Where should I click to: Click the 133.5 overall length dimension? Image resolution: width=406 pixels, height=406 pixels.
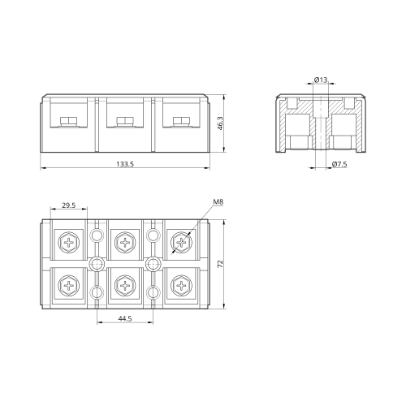[x=125, y=164]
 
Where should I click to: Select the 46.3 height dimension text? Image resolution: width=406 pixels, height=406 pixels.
[x=220, y=123]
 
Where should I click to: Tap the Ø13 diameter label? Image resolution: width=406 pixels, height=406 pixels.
[x=321, y=80]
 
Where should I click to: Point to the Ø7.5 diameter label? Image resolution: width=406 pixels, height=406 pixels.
[x=339, y=164]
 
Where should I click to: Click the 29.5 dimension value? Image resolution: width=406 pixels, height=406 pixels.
[x=69, y=205]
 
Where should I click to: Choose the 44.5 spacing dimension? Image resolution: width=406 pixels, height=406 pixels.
[x=125, y=318]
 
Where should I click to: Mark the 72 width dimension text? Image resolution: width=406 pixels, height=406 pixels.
[x=220, y=264]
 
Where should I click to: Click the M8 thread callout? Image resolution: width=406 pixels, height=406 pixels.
[x=218, y=202]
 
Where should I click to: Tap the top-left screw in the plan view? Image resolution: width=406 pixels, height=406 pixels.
[x=69, y=242]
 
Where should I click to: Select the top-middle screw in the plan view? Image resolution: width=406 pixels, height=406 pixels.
[x=125, y=242]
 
